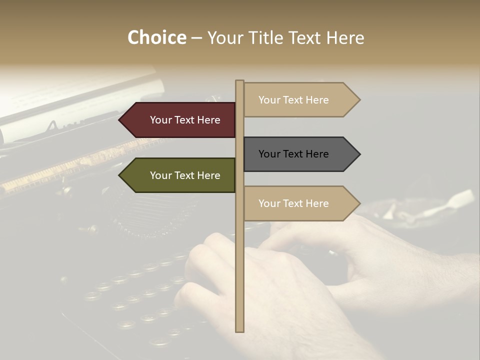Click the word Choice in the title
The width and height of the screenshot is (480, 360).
156,38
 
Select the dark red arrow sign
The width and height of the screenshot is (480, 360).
180,120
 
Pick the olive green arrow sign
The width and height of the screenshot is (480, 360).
180,175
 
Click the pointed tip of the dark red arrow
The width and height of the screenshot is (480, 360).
120,120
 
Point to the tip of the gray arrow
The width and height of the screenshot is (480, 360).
359,154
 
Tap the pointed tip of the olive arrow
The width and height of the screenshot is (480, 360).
120,175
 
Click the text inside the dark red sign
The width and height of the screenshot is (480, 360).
185,120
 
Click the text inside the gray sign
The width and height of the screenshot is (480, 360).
293,154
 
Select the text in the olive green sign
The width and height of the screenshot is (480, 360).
185,175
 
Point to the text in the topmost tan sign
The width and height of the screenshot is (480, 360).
293,100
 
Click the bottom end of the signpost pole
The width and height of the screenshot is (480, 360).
239,330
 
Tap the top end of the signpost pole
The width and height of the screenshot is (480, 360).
239,82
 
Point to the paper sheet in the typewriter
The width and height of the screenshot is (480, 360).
75,95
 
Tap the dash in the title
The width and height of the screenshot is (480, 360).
196,38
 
